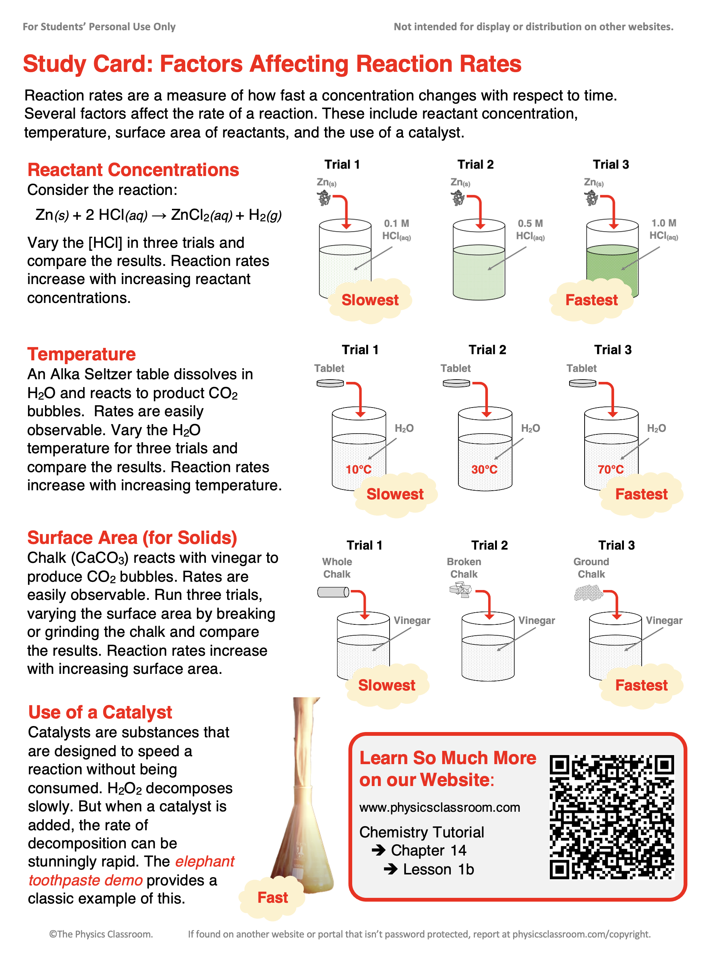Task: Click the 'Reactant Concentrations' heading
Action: click(x=133, y=170)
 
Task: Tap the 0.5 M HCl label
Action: click(x=530, y=229)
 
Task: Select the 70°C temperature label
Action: click(x=610, y=469)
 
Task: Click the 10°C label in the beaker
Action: click(x=358, y=469)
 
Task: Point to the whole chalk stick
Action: click(x=333, y=592)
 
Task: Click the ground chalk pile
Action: click(x=588, y=593)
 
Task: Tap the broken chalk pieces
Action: click(x=460, y=591)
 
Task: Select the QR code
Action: click(x=611, y=817)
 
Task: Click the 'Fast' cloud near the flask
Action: click(x=272, y=897)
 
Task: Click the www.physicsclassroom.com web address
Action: click(x=439, y=807)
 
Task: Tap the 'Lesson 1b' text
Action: click(x=438, y=869)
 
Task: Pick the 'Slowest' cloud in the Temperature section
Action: click(x=395, y=494)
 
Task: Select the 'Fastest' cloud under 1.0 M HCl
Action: click(x=591, y=300)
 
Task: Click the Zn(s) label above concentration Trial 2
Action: click(x=460, y=182)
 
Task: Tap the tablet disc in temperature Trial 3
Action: click(x=582, y=383)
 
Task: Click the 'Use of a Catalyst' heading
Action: click(x=100, y=712)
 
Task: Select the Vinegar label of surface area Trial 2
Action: click(x=536, y=620)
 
